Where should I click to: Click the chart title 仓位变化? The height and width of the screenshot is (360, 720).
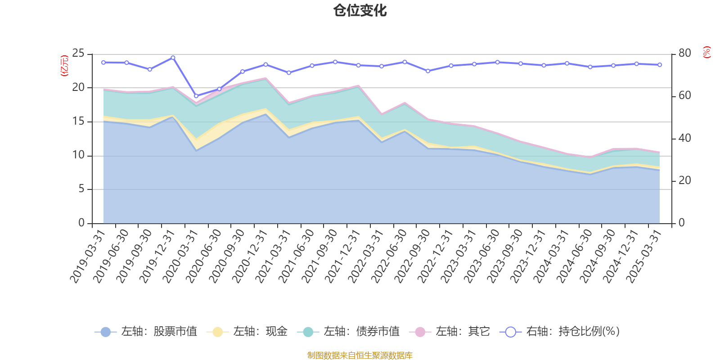click(x=360, y=10)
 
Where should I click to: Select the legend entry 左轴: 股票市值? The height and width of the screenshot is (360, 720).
click(x=146, y=332)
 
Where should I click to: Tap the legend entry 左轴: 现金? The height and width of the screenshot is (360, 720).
click(x=247, y=332)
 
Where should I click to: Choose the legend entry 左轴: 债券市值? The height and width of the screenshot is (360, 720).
click(x=349, y=332)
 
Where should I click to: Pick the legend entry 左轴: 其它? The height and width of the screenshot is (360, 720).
click(x=450, y=332)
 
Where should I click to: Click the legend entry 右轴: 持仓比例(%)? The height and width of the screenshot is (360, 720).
click(x=560, y=332)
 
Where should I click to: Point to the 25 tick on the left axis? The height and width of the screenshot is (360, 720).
click(x=78, y=54)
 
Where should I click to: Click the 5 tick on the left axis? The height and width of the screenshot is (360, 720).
click(x=81, y=189)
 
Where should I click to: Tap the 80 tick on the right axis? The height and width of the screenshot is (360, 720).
click(x=684, y=53)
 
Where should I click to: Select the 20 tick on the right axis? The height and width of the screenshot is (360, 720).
click(x=684, y=180)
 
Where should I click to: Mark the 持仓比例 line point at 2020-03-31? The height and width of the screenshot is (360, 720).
click(x=196, y=96)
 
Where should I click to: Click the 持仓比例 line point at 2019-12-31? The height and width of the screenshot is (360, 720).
click(x=173, y=58)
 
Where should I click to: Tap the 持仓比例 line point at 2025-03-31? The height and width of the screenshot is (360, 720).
click(x=660, y=65)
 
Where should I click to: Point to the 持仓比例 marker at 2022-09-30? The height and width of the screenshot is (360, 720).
click(x=428, y=71)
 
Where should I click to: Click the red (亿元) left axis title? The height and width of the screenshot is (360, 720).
click(x=64, y=66)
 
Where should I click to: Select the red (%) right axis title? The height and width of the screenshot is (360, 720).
click(x=707, y=52)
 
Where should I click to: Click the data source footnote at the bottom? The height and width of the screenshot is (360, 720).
click(x=360, y=355)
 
